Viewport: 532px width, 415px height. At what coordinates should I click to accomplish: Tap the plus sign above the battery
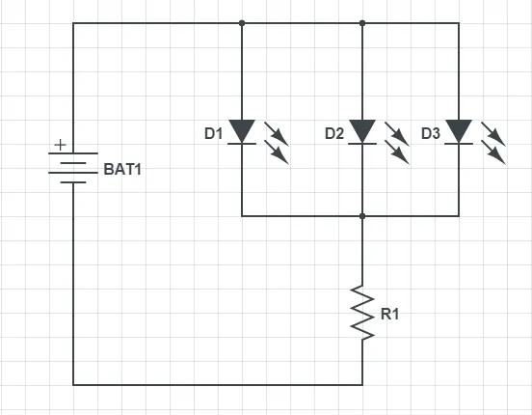click(61, 145)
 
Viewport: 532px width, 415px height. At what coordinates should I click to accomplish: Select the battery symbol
click(73, 168)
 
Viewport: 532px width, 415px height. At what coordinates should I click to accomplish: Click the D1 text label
click(214, 133)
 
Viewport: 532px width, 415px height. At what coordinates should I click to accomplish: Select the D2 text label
click(334, 133)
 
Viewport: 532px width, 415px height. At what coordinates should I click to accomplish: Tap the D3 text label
click(431, 133)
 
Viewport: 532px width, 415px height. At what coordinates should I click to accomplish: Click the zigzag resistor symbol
click(362, 311)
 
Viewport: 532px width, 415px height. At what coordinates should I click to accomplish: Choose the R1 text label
click(390, 314)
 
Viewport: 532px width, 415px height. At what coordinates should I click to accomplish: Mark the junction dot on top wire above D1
click(242, 22)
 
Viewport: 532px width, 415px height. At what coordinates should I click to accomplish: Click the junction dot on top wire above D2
click(362, 22)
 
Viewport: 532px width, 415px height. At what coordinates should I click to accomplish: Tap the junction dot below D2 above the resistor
click(362, 216)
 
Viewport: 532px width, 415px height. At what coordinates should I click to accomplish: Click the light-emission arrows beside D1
click(276, 142)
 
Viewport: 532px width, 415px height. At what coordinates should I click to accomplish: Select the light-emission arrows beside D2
click(396, 142)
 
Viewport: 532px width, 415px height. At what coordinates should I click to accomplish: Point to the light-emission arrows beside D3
click(492, 142)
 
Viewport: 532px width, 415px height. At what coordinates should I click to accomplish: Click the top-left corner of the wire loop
click(73, 22)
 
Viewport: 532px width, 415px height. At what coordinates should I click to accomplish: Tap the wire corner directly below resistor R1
click(362, 384)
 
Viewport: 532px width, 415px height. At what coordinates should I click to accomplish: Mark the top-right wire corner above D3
click(459, 22)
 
